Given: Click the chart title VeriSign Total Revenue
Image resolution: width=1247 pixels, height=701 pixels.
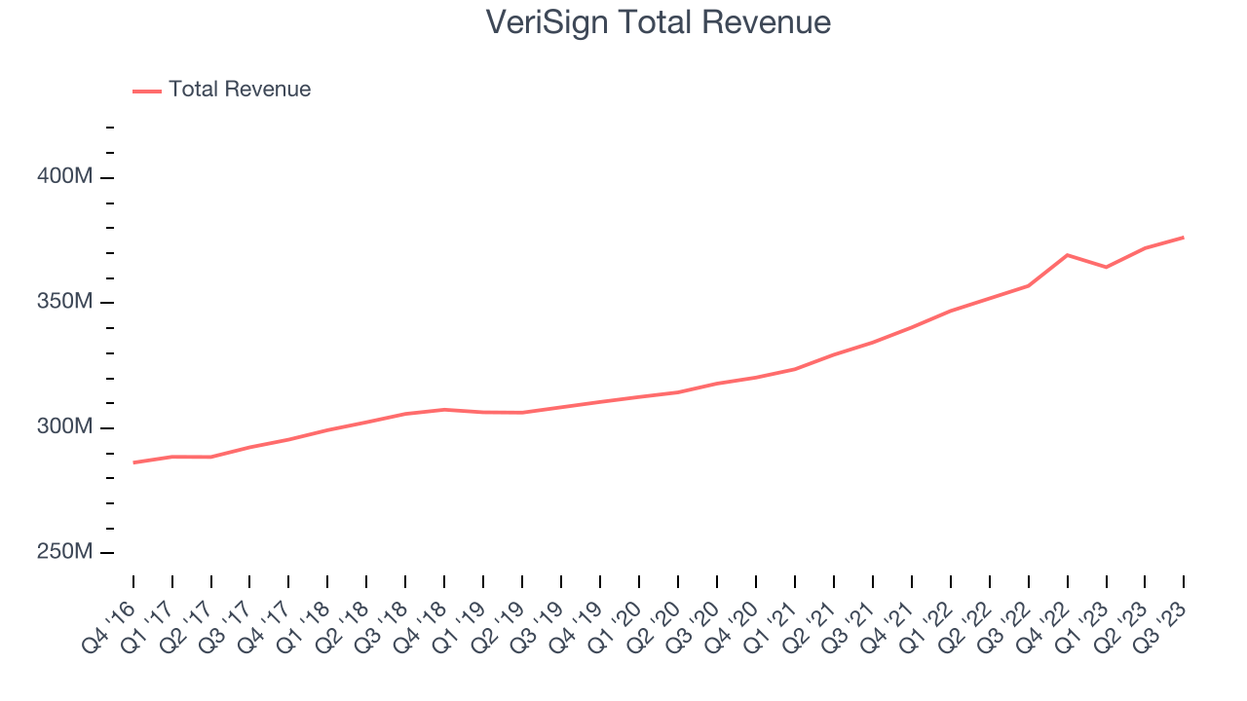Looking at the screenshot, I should click(x=659, y=22).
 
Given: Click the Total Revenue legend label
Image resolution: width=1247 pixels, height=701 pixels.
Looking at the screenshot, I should click(x=240, y=90).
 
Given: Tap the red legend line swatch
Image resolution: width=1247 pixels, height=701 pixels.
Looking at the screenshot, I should click(x=147, y=91).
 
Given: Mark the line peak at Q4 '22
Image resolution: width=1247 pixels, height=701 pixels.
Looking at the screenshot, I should click(x=1068, y=255).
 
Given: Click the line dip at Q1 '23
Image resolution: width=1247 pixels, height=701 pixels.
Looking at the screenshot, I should click(x=1106, y=267).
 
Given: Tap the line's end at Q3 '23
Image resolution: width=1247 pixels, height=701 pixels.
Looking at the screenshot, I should click(x=1184, y=238).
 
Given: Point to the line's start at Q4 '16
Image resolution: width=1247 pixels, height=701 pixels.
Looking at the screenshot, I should click(x=133, y=462).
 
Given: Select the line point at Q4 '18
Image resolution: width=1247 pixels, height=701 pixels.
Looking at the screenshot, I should click(x=444, y=410).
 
